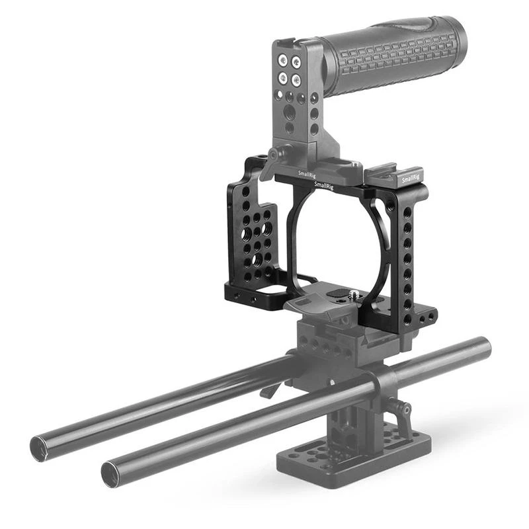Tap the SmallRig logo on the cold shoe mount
coord(411,179)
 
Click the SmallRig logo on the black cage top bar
coord(323,186)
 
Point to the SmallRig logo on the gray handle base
coord(307,175)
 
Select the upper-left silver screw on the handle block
coord(282,61)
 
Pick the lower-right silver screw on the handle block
coord(296,80)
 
